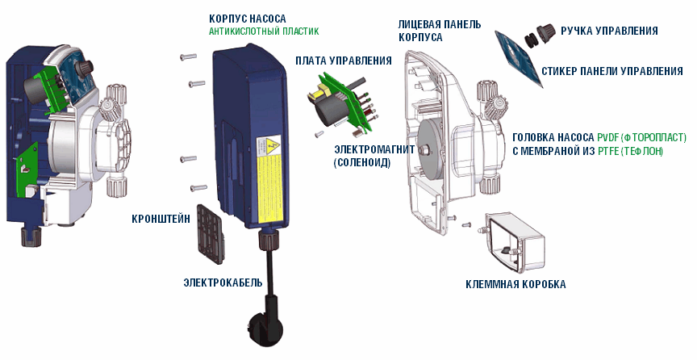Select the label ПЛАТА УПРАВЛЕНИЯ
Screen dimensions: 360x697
343,61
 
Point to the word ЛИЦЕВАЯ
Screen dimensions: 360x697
419,25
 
